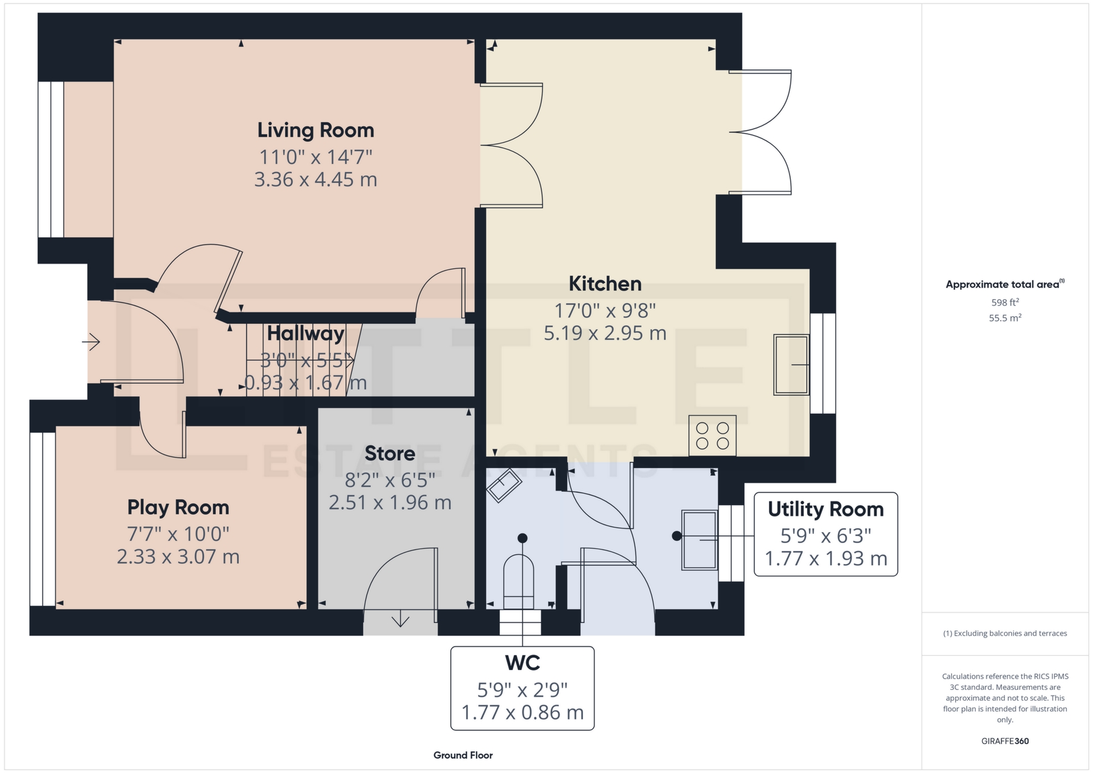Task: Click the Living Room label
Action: [315, 130]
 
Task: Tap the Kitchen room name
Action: [605, 283]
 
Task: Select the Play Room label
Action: [178, 507]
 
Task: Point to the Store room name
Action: [390, 454]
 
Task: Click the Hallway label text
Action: [306, 334]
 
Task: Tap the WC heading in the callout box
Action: [523, 663]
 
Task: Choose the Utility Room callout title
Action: [825, 509]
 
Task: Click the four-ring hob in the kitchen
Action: [712, 436]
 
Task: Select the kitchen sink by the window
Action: [791, 365]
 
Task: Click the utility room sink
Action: [700, 540]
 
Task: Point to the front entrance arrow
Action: [91, 342]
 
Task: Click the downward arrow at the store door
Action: [400, 618]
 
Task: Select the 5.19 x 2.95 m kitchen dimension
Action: [605, 333]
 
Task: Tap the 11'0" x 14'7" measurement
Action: [315, 157]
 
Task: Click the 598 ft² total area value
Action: [1005, 302]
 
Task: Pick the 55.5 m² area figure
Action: [1005, 318]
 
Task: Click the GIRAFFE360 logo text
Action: [1005, 741]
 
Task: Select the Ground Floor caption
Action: [463, 755]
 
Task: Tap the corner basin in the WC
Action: [504, 485]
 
